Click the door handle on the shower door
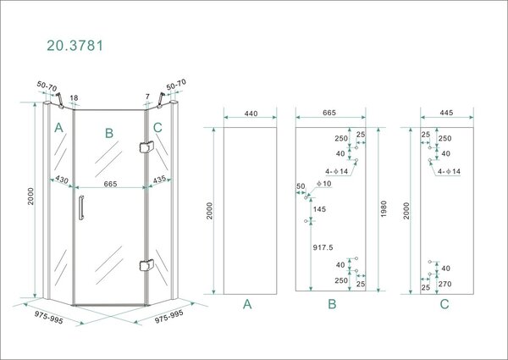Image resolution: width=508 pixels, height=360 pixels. (80, 208)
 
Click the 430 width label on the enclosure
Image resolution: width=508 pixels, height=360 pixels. (61, 181)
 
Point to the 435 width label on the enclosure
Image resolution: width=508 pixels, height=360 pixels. (159, 181)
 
